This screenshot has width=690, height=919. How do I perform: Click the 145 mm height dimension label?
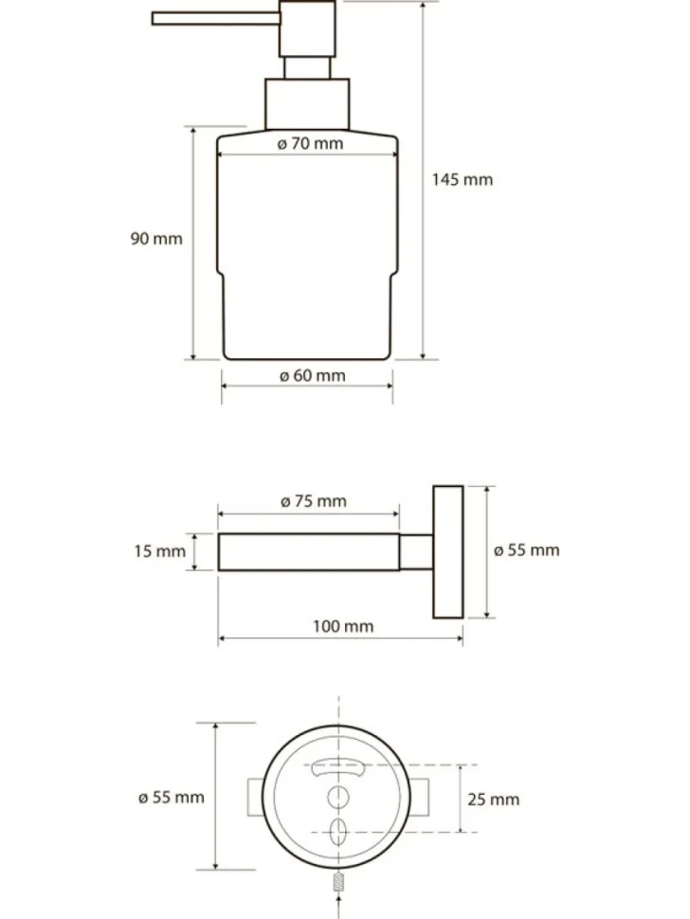(462, 179)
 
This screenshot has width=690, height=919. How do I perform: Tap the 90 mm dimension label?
(156, 239)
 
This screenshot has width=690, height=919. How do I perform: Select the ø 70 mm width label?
(310, 144)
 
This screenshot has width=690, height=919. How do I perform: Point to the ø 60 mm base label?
(313, 376)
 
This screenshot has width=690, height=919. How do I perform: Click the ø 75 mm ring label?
(314, 501)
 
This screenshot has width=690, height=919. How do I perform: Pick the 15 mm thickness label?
(159, 551)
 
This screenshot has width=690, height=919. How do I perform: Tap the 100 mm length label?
(343, 626)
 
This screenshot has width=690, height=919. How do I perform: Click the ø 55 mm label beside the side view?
(526, 550)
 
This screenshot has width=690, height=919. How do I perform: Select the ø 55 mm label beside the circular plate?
(172, 797)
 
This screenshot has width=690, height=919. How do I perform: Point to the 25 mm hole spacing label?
(493, 800)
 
